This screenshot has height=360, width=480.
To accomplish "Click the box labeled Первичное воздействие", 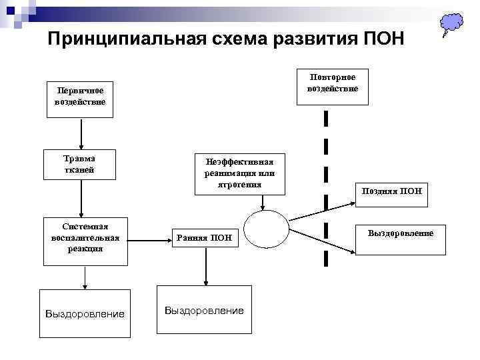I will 80,100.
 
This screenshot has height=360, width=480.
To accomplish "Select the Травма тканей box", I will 80,164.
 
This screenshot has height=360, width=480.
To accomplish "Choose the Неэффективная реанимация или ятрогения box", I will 239,173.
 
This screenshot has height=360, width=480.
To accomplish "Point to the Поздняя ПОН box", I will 391,191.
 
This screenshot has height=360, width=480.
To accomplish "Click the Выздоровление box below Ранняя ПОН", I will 204,311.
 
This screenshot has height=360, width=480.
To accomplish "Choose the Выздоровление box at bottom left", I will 85,313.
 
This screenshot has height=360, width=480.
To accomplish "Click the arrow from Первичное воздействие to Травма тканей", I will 81,133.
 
